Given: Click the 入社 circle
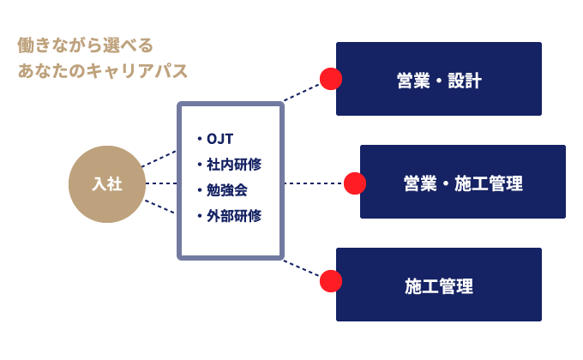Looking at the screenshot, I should pos(107,184).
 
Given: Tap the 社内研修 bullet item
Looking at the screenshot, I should pos(229,165).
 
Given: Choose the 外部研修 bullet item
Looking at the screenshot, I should pos(229,216).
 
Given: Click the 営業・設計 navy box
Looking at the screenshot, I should pos(439,79).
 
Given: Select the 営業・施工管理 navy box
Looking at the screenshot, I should pos(463,183).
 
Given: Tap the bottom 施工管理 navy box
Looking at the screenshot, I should pos(439,285).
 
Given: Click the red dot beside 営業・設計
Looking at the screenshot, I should pos(331,79).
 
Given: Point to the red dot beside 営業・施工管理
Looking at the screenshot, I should pos(355,183).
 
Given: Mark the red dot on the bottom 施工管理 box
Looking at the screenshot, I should pos(331,281).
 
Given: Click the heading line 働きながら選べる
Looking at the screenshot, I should pos(85,45).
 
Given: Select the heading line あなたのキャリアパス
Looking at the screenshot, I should pos(103,71).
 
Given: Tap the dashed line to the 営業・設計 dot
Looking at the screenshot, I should pos(302,92).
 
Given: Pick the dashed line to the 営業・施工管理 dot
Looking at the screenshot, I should pos(314,183).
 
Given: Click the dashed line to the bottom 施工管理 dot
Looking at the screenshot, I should pos(302,269).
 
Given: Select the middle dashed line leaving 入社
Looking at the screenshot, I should pos(161,183).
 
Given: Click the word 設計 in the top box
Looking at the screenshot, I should pos(465,81).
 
